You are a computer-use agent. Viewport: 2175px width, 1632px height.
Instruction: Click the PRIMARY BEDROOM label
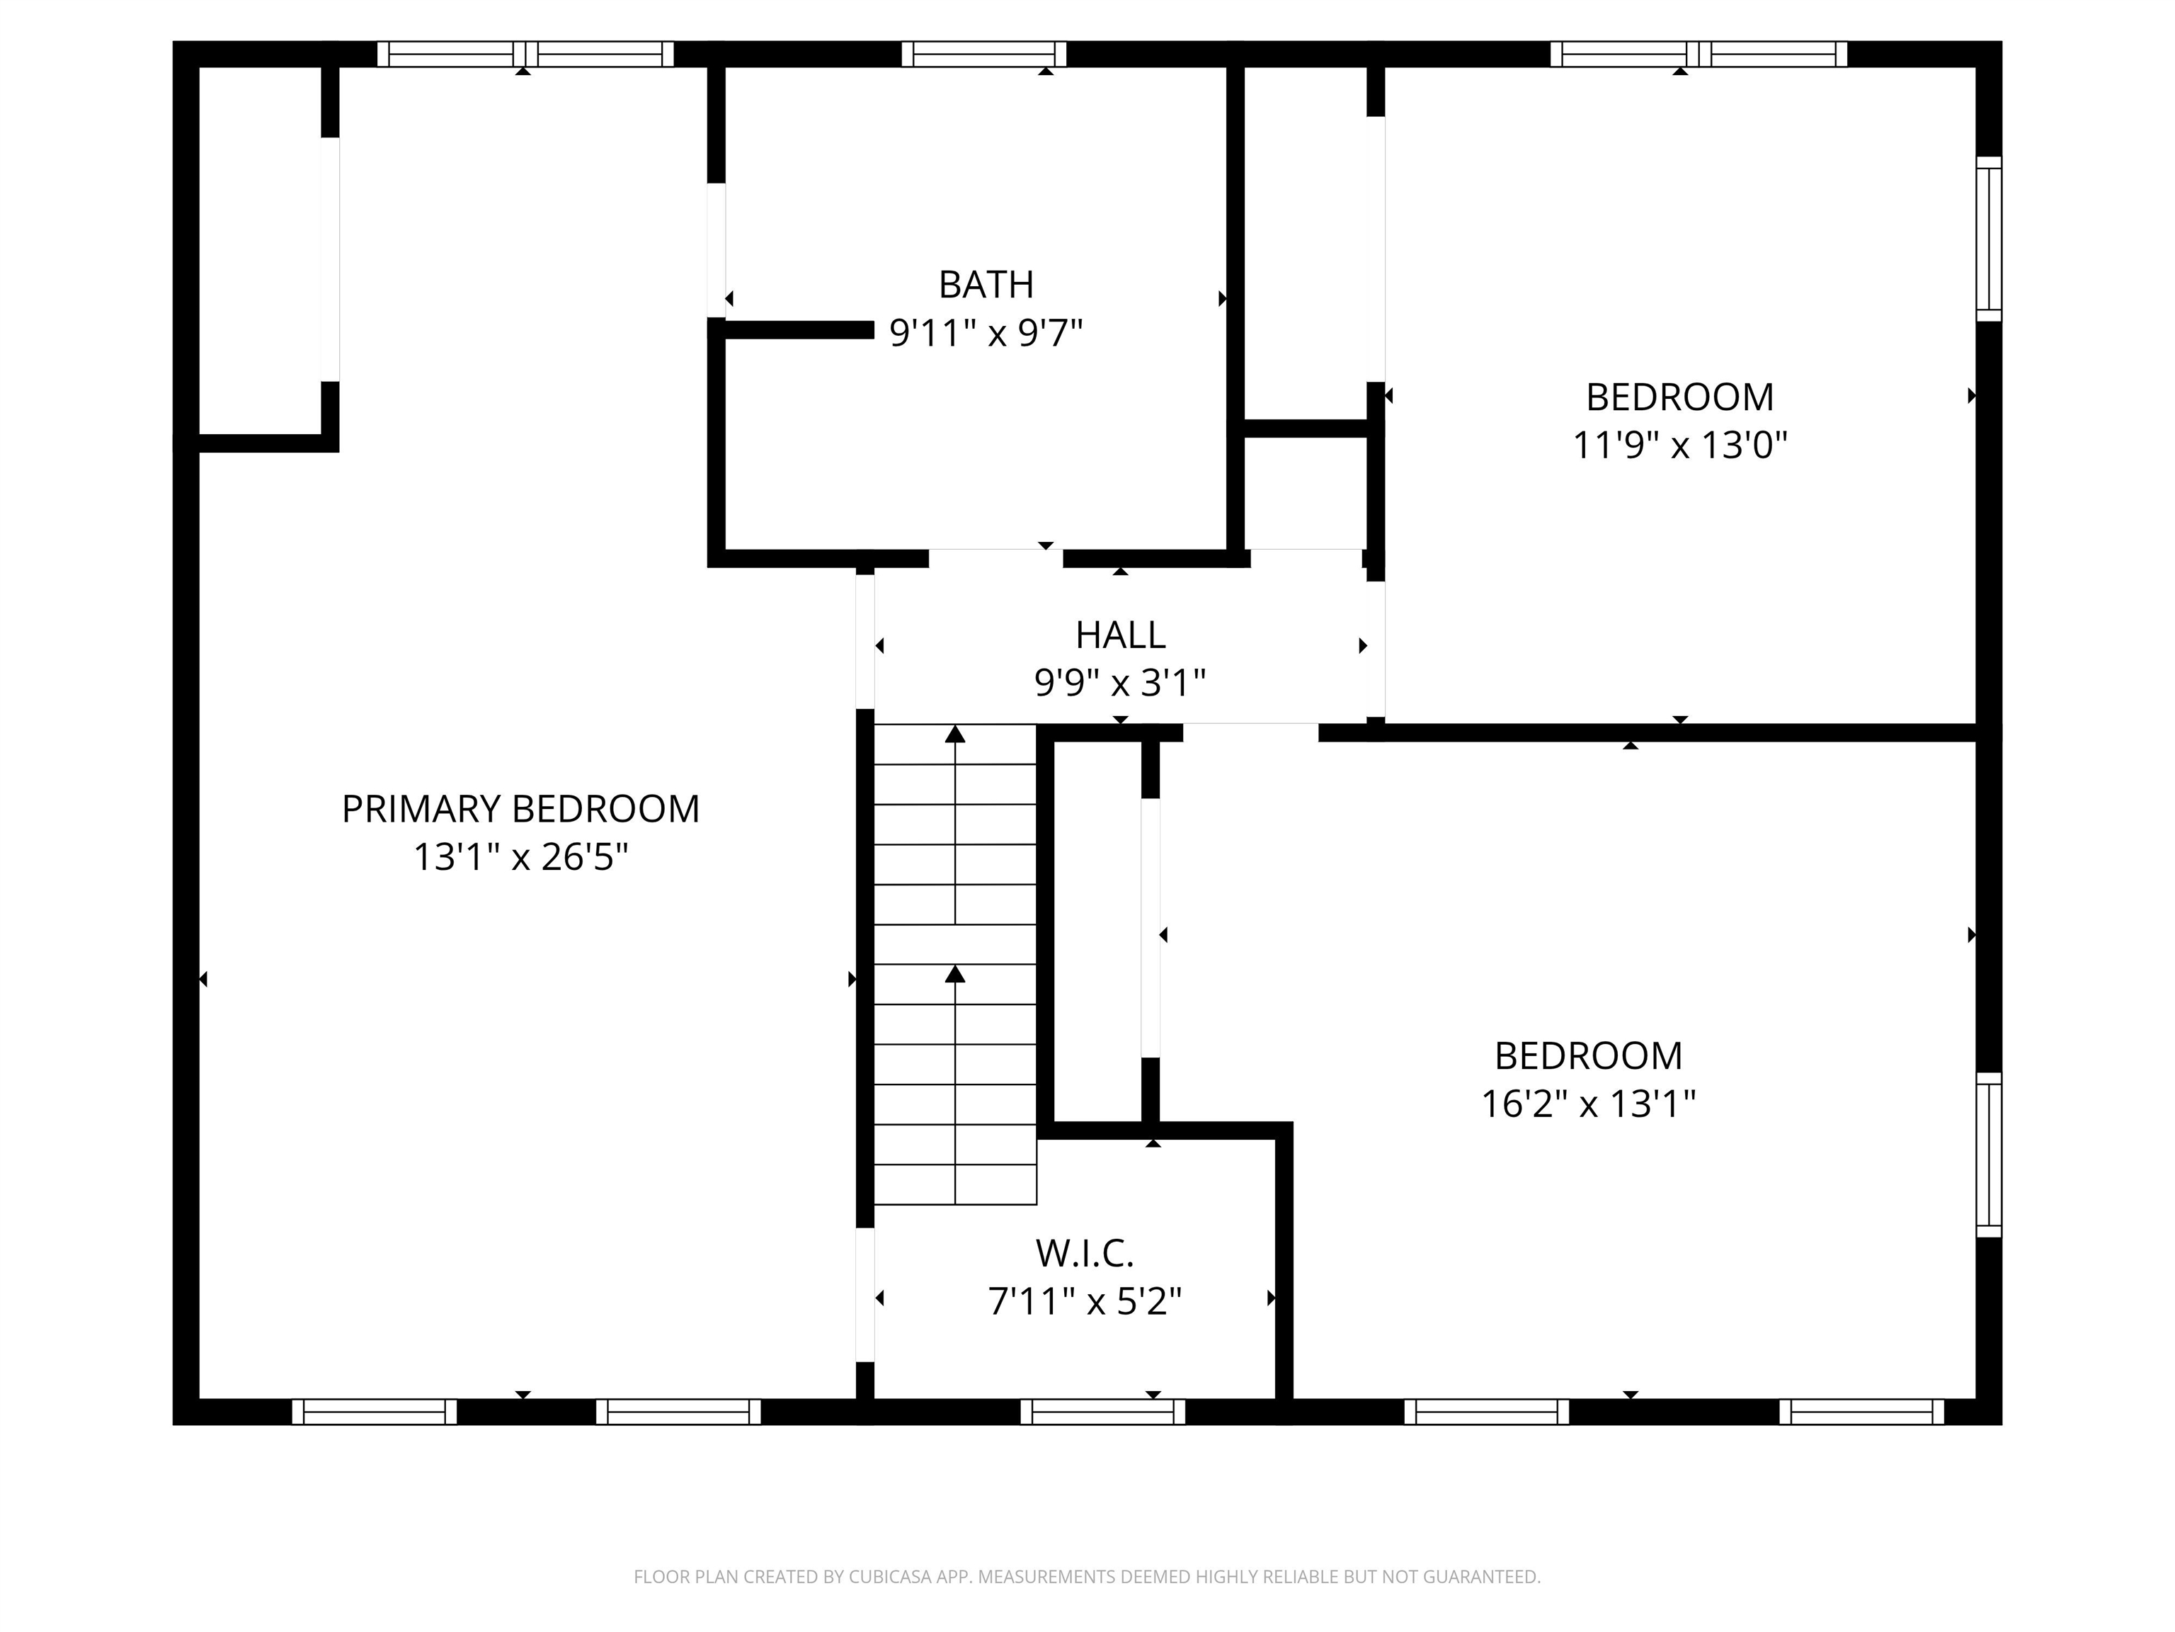(x=520, y=809)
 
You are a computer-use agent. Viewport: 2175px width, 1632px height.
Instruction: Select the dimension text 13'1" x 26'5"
(x=520, y=857)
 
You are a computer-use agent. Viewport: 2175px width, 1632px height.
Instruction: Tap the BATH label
(x=986, y=285)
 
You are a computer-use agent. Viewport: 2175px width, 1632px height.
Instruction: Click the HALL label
(x=1120, y=635)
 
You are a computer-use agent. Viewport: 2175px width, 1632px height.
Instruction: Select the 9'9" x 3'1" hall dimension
(x=1120, y=681)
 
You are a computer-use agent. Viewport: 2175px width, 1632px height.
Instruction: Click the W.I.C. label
(x=1085, y=1253)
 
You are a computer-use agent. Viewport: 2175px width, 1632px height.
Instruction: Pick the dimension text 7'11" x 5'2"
(x=1085, y=1301)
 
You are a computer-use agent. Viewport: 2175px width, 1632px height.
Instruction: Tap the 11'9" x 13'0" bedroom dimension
(x=1679, y=446)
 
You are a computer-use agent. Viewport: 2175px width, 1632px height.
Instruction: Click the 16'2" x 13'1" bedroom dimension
(x=1588, y=1104)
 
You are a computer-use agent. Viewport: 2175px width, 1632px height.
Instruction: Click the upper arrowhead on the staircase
(x=955, y=734)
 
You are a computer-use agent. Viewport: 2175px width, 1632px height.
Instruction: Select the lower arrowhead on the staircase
(x=955, y=974)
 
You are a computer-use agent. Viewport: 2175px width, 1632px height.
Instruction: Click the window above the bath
(x=983, y=54)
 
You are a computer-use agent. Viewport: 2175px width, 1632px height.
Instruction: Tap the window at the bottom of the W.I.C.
(x=1102, y=1412)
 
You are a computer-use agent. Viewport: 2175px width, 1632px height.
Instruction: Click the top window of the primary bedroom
(x=525, y=54)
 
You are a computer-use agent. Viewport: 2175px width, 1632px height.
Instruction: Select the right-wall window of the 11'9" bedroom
(x=1988, y=239)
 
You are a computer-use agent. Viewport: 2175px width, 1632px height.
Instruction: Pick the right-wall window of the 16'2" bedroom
(x=1988, y=1154)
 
